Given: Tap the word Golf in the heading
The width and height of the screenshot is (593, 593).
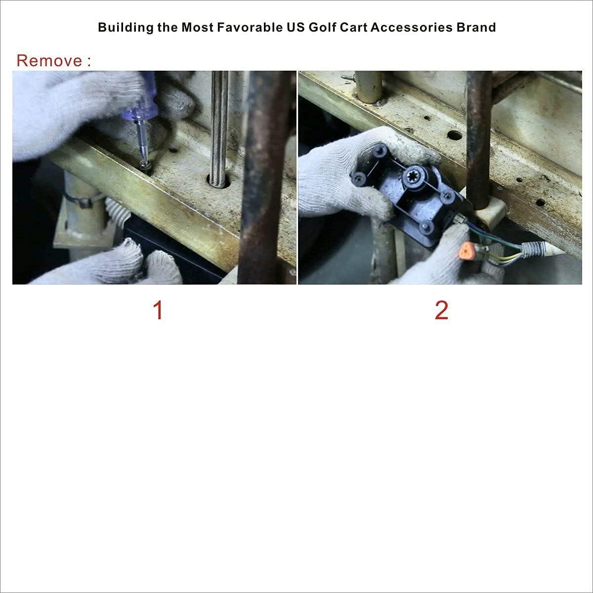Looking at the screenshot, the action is tap(322, 27).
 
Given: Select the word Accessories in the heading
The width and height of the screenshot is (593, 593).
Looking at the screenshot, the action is tap(412, 27).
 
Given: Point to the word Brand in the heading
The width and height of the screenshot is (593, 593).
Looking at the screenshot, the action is tap(476, 27).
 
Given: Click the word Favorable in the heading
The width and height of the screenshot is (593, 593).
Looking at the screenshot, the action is tap(250, 27).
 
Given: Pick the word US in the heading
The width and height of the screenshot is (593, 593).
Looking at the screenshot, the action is tap(295, 27).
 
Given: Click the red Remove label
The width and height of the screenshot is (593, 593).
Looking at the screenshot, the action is tap(53, 60).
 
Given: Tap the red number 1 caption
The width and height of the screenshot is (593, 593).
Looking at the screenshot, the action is tap(158, 310).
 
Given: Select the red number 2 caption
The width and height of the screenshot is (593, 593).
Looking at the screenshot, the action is tap(441, 310).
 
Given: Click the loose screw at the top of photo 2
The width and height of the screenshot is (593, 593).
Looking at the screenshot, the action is tap(348, 77).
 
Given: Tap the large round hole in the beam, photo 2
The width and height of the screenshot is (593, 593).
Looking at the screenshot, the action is tap(455, 135).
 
